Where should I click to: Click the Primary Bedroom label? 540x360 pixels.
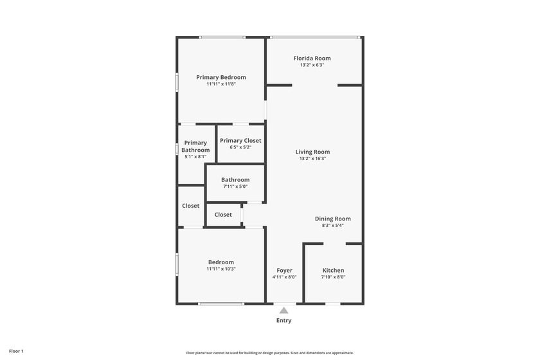tap(221, 77)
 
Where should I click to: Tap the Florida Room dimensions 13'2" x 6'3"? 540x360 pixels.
tap(312, 65)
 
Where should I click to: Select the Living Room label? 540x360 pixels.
tap(312, 152)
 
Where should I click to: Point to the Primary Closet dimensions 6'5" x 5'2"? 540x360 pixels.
tap(240, 147)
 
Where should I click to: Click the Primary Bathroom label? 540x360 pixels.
tap(195, 146)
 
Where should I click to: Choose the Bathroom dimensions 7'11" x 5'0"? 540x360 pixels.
tap(235, 186)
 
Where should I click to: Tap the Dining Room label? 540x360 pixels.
tap(333, 219)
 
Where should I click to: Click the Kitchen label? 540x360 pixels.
tap(333, 271)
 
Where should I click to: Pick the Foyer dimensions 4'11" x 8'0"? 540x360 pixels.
tap(284, 277)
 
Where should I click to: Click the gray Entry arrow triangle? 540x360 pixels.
tap(283, 310)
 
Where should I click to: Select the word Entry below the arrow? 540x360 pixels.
tap(283, 320)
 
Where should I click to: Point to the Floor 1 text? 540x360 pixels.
tap(16, 352)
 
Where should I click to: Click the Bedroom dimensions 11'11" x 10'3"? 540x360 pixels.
tap(221, 269)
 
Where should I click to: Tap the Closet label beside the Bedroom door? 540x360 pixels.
tap(190, 206)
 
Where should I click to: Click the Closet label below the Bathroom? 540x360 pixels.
tap(223, 215)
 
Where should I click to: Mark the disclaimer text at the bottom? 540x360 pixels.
tap(270, 353)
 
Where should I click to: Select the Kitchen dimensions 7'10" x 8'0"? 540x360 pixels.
tap(333, 277)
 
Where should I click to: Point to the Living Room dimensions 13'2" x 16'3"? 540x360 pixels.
tap(312, 159)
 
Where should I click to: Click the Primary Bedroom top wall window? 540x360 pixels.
tap(222, 37)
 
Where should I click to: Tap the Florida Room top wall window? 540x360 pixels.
tap(315, 37)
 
